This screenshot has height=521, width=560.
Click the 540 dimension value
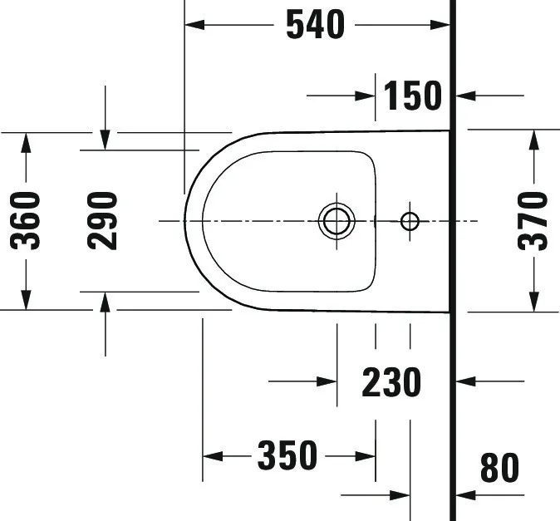[315, 25]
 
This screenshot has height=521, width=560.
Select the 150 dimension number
[413, 96]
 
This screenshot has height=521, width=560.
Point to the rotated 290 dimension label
[104, 220]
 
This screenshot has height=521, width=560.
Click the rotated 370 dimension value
[533, 221]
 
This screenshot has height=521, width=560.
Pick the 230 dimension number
[391, 382]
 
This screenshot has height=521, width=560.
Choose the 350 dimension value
[287, 455]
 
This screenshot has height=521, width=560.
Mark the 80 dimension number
[499, 469]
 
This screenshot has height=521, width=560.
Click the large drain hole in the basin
[336, 221]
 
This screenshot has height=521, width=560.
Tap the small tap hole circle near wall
[410, 221]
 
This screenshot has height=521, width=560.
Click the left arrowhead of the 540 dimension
[194, 26]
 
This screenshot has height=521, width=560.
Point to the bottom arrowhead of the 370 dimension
[533, 302]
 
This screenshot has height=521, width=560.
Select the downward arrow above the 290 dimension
[105, 140]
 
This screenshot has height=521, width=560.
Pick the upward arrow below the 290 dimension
[105, 302]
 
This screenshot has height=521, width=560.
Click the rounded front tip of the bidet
[185, 221]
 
